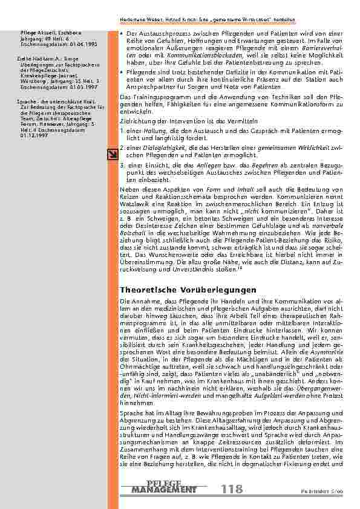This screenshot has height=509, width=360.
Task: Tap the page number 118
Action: [x=233, y=488]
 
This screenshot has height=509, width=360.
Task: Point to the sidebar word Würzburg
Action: [x=31, y=80]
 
